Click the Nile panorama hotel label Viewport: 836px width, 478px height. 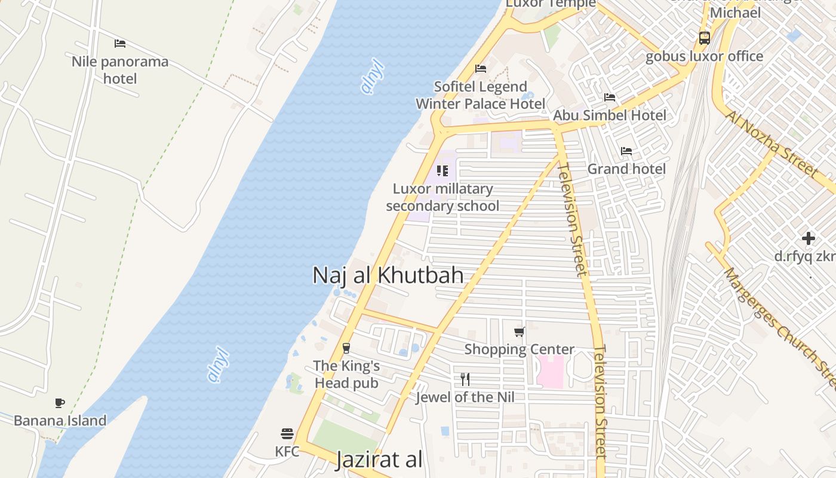click(x=120, y=70)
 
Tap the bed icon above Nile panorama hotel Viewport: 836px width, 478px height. click(x=120, y=44)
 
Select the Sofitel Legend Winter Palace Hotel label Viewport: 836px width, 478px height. click(x=480, y=95)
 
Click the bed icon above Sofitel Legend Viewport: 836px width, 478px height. click(x=480, y=69)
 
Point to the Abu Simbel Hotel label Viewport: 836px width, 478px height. click(x=610, y=115)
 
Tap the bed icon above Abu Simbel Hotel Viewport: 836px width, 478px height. click(x=610, y=97)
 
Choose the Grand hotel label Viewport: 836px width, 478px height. click(x=626, y=169)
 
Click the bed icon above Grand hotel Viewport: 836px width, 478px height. click(x=626, y=151)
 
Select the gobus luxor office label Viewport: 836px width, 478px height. click(x=705, y=56)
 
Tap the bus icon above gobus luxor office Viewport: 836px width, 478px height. click(x=705, y=38)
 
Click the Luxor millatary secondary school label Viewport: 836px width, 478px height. click(x=442, y=197)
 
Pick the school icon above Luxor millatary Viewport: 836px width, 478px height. click(x=442, y=171)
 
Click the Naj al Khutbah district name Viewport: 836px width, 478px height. click(x=388, y=275)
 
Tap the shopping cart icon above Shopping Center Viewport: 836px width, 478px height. click(x=520, y=332)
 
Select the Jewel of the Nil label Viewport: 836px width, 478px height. click(x=465, y=397)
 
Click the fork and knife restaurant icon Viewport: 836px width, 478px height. click(x=465, y=379)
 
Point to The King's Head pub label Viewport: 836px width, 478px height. click(x=346, y=374)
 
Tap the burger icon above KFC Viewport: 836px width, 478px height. click(x=287, y=433)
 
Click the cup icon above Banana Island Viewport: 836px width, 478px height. click(x=60, y=403)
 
